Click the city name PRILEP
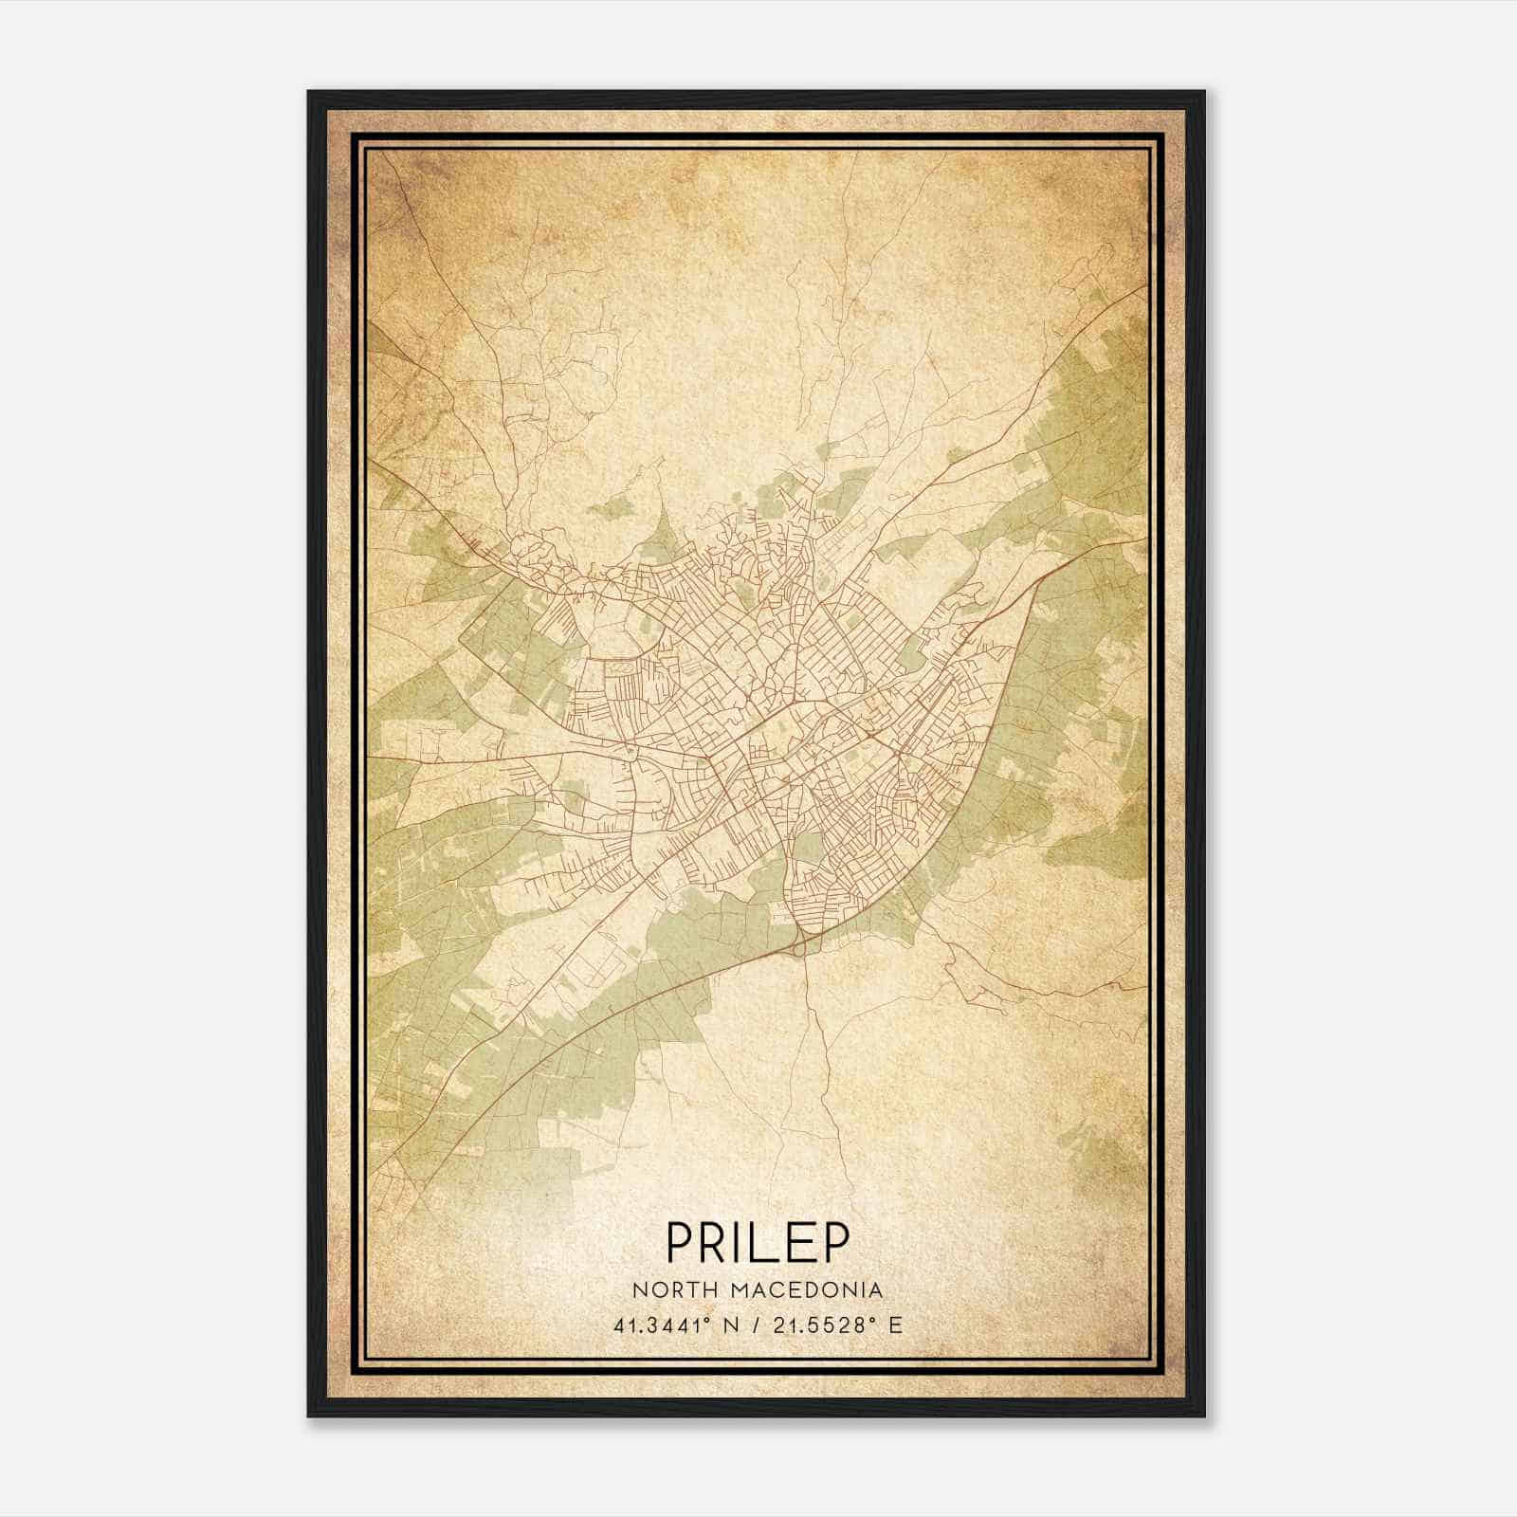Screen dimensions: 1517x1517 click(x=758, y=1241)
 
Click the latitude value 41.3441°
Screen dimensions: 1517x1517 click(x=663, y=1325)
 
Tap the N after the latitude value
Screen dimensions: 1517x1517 click(x=730, y=1325)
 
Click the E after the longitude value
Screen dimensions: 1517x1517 click(x=894, y=1325)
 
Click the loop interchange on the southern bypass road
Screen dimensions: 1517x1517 click(x=800, y=944)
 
